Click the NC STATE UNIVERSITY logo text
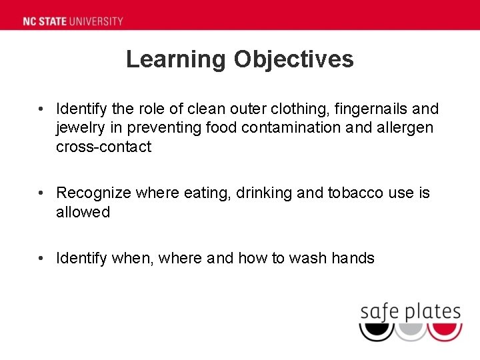pyautogui.click(x=73, y=21)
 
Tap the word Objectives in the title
pyautogui.click(x=293, y=59)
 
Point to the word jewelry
pyautogui.click(x=79, y=128)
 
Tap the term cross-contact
pyautogui.click(x=103, y=147)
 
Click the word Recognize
pyautogui.click(x=93, y=193)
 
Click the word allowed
pyautogui.click(x=83, y=213)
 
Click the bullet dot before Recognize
pyautogui.click(x=41, y=193)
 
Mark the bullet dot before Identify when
pyautogui.click(x=41, y=258)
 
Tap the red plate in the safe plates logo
pyautogui.click(x=445, y=331)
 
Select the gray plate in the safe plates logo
pyautogui.click(x=411, y=331)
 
